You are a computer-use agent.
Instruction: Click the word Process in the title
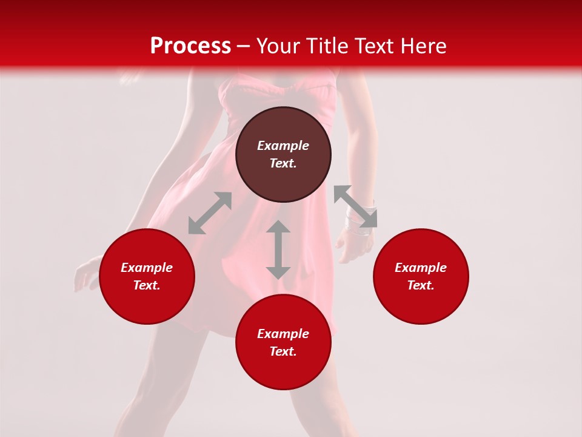(190, 46)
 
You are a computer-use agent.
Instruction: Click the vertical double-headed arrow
(278, 249)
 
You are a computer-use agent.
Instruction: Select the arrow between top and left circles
(210, 213)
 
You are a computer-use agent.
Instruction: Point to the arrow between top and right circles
(355, 206)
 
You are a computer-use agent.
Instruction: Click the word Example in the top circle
(283, 146)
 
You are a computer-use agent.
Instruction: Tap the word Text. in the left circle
(147, 285)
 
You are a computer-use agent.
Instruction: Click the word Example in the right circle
(421, 268)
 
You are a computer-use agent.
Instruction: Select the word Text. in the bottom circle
(283, 351)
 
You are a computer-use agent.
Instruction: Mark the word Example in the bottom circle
(283, 334)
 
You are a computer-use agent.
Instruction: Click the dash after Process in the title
(244, 47)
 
